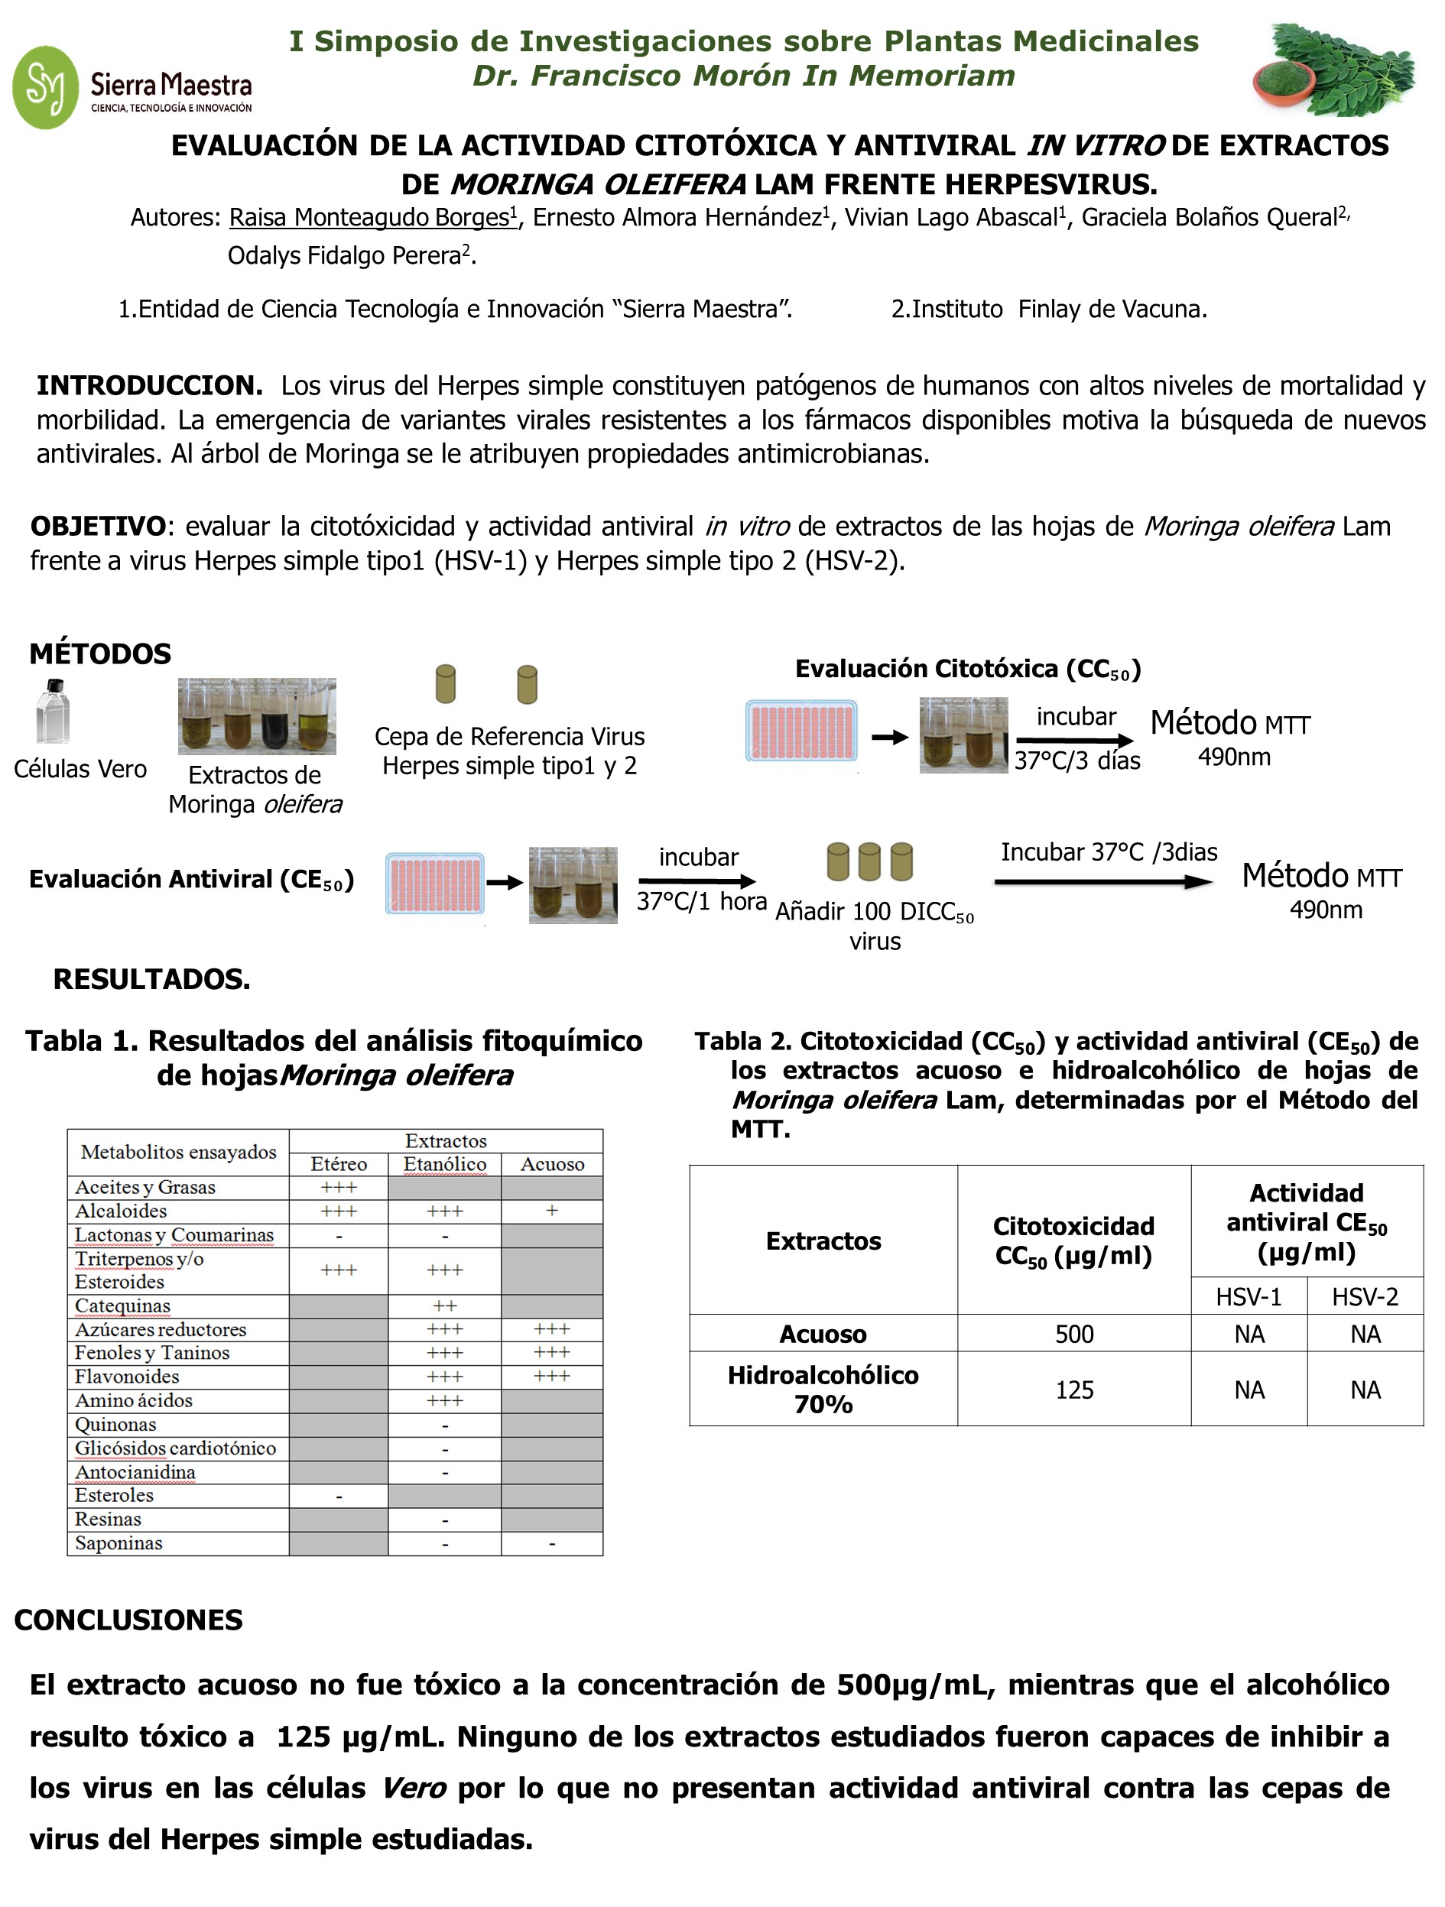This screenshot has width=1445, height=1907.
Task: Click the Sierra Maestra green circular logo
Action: click(x=46, y=87)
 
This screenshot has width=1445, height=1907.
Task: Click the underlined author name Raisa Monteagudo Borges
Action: click(x=371, y=217)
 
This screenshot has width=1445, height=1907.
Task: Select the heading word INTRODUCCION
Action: click(x=149, y=385)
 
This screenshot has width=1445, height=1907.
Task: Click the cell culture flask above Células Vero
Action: click(x=54, y=712)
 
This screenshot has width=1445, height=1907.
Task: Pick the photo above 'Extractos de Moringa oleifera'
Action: click(x=256, y=716)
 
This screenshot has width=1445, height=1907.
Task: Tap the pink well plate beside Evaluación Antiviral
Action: click(x=434, y=883)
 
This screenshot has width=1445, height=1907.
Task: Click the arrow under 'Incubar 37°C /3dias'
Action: click(x=1102, y=881)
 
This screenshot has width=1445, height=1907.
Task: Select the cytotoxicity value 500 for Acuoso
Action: click(x=1074, y=1335)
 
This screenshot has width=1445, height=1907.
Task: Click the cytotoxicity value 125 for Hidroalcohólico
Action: click(x=1074, y=1390)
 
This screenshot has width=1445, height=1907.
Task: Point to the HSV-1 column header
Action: click(x=1249, y=1296)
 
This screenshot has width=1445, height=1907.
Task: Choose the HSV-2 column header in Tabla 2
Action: click(x=1365, y=1296)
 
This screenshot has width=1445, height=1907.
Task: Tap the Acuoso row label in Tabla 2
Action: click(x=823, y=1335)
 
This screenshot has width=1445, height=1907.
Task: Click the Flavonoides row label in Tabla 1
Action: click(x=127, y=1377)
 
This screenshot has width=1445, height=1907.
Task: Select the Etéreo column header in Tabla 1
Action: click(x=339, y=1164)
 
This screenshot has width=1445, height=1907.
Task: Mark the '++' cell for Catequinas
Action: click(x=445, y=1306)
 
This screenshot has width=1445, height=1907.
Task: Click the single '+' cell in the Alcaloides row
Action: click(x=552, y=1211)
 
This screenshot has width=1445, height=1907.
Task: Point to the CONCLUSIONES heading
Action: click(x=128, y=1620)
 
